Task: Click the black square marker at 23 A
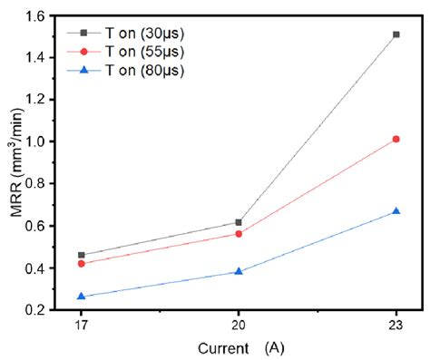(x=396, y=34)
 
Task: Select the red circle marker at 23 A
(x=396, y=139)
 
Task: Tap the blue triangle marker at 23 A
(x=396, y=211)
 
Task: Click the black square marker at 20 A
(x=239, y=222)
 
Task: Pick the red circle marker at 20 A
(x=239, y=234)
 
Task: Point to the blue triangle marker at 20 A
(x=239, y=271)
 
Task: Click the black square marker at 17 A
(x=82, y=256)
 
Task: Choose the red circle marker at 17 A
(x=82, y=264)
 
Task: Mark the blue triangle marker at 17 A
(x=82, y=297)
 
